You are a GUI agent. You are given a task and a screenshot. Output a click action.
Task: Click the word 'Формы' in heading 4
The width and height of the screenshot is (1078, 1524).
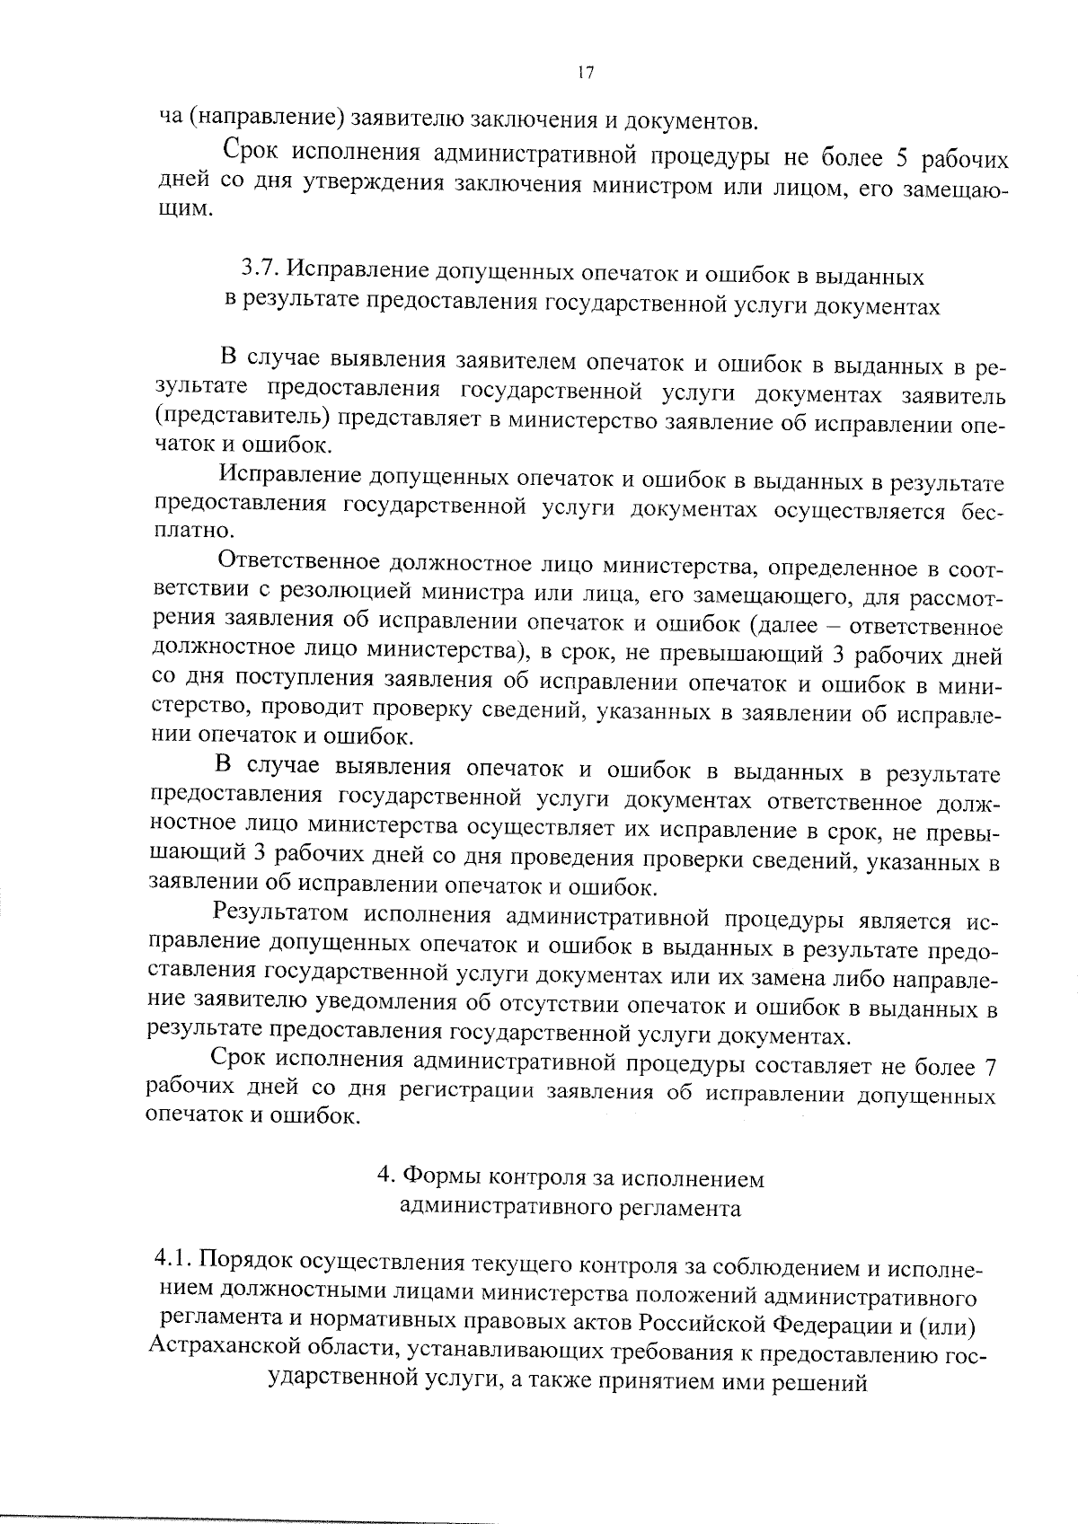(435, 1176)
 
